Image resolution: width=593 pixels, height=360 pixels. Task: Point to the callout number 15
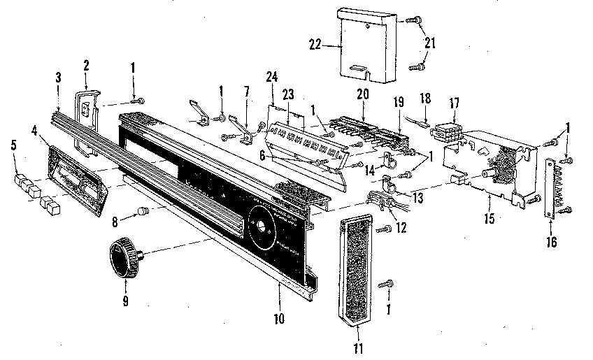point(488,219)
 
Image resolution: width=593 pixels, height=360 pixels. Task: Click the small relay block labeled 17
point(444,132)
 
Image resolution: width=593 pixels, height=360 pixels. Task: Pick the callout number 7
point(245,92)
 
